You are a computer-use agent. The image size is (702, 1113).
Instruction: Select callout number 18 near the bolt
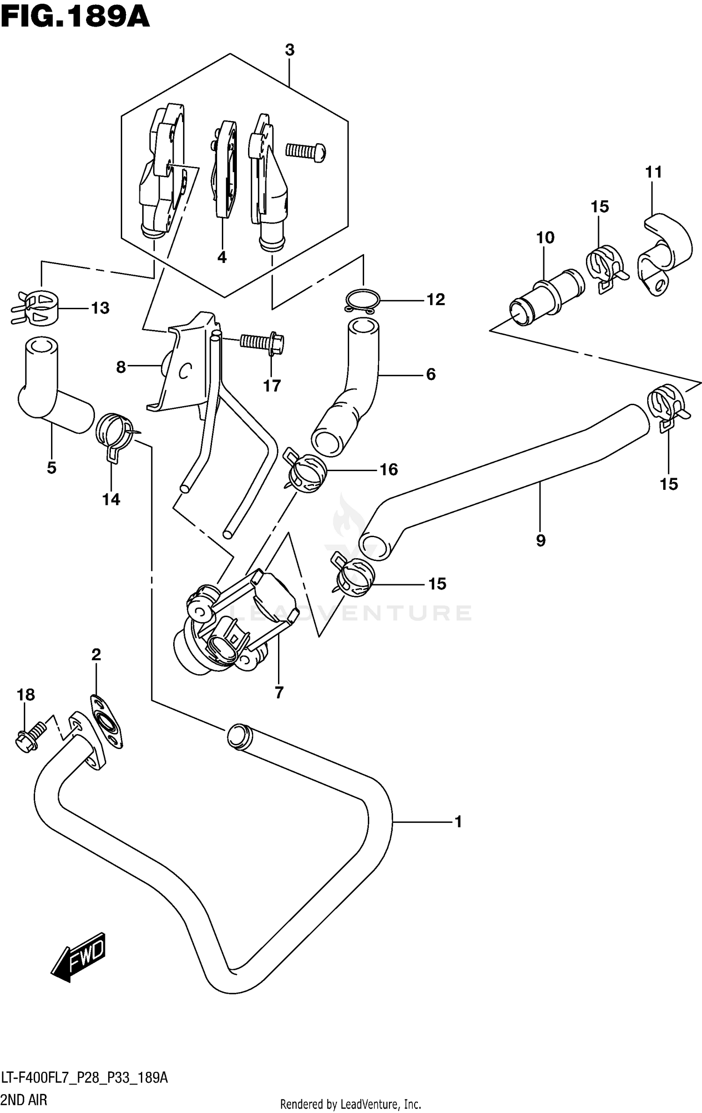click(x=26, y=695)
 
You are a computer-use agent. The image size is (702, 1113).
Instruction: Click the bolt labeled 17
click(x=262, y=342)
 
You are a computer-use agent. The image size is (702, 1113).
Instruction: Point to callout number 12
click(x=435, y=299)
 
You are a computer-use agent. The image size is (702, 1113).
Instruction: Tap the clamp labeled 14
click(x=114, y=433)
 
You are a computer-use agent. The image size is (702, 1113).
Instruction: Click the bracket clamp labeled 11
click(x=665, y=253)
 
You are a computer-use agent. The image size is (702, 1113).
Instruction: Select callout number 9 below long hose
click(x=541, y=541)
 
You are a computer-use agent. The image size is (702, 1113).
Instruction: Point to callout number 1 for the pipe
click(x=458, y=822)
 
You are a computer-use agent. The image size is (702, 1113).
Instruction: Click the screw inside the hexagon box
click(x=306, y=151)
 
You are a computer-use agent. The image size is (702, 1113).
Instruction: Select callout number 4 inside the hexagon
click(x=222, y=257)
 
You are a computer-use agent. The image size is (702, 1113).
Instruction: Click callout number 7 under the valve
click(x=279, y=692)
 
